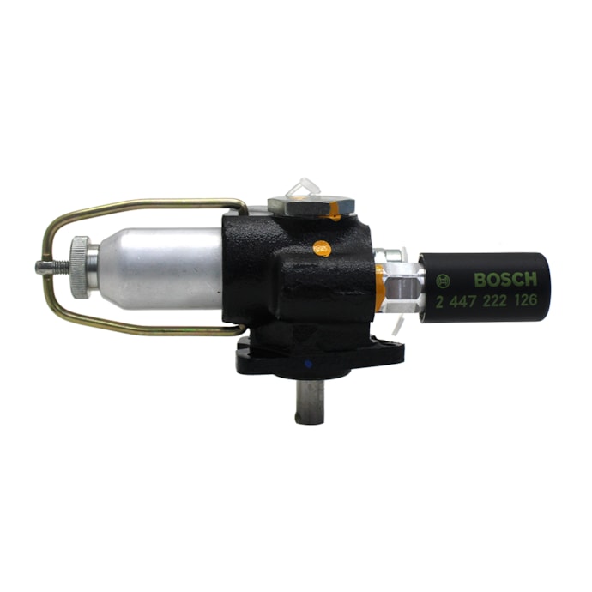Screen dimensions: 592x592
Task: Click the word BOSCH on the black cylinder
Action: pos(504,280)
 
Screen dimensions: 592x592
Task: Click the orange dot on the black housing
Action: pos(322,249)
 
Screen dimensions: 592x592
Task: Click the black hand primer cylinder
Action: pos(485,287)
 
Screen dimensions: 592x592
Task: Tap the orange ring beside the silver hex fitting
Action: pos(378,287)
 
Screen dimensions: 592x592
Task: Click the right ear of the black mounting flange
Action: pos(390,352)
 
